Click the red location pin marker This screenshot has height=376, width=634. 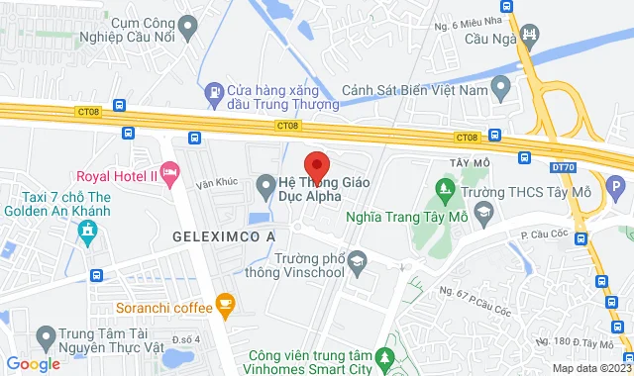coord(316,164)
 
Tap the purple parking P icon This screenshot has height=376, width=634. coord(614,184)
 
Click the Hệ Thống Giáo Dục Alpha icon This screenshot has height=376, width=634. coord(265,184)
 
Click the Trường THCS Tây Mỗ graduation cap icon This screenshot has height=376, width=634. coord(482,212)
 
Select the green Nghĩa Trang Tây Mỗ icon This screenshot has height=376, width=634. coord(445,185)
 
